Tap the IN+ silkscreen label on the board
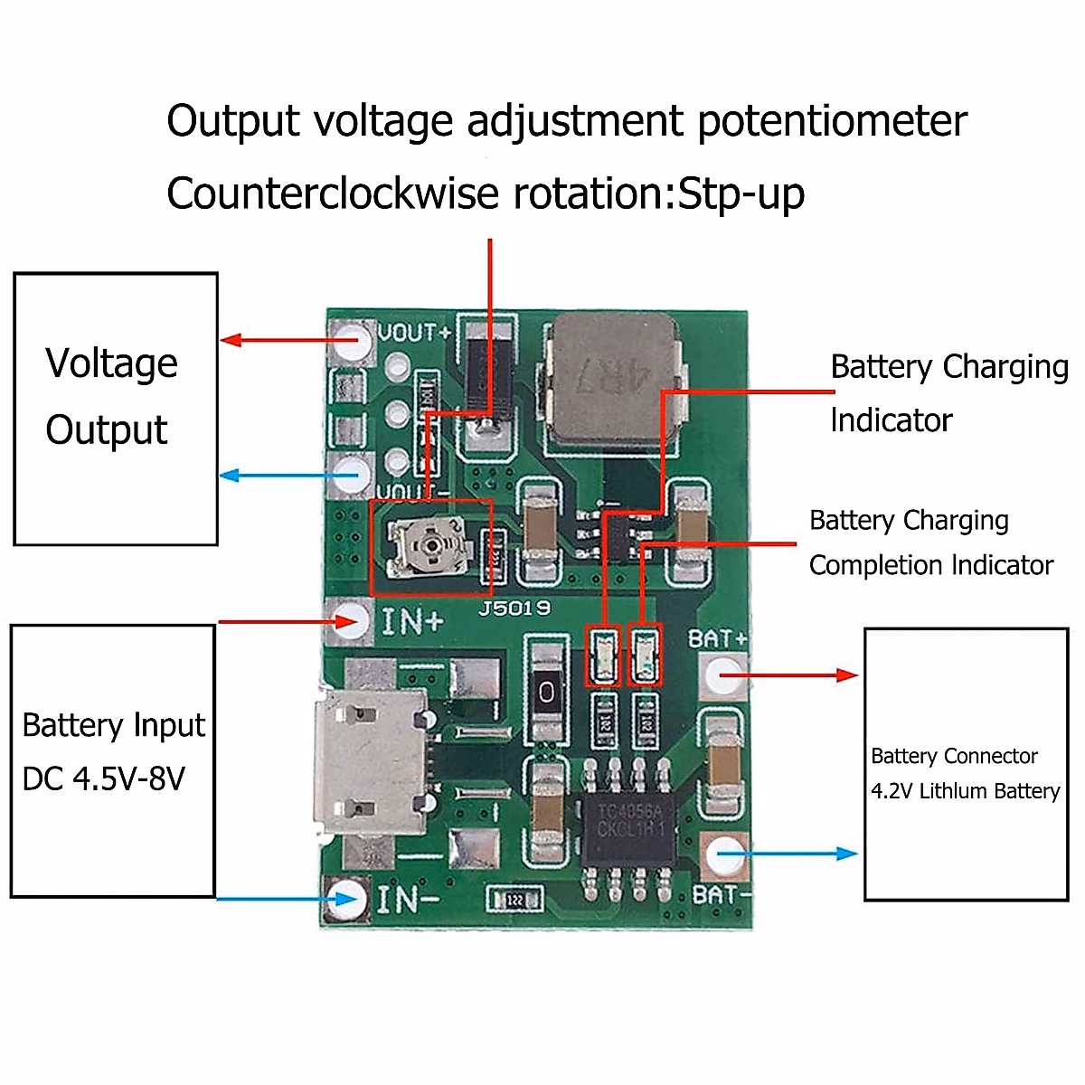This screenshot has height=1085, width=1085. point(412,622)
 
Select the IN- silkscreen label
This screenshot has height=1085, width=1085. point(408,900)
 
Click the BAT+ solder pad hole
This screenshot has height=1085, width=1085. point(724,675)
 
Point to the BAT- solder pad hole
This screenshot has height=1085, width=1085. point(724,853)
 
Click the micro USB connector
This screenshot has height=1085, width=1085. point(372,759)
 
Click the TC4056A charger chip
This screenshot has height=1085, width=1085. point(629,819)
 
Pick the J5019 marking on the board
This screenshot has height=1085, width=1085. point(514,609)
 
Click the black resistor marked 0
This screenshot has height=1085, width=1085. point(546,692)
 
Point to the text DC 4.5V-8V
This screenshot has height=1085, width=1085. point(103,778)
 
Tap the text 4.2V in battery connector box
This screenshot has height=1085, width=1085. point(892,791)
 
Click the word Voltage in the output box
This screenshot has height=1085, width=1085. point(111,363)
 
